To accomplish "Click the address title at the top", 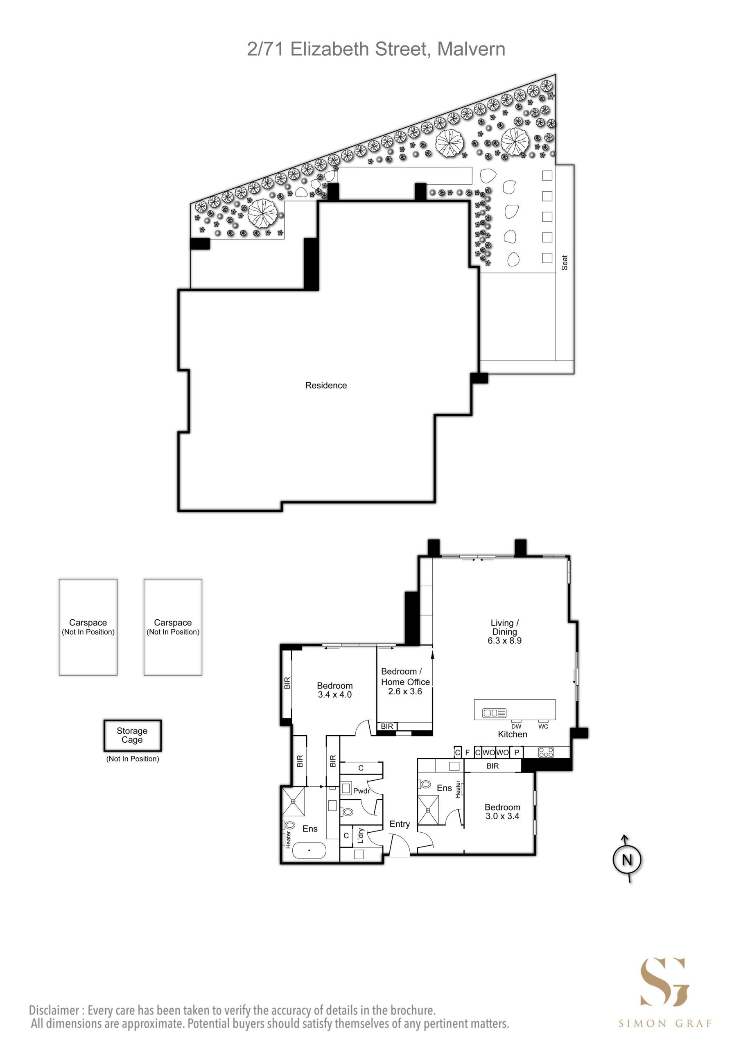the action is coord(376,49).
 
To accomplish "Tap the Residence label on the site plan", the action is coord(326,385).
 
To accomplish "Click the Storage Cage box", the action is coord(132,735).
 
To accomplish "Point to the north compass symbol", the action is coord(627,860).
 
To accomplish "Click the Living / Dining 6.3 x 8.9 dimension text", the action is coord(504,640).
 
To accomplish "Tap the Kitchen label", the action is coord(512,734).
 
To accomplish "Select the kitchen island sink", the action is coord(495,713).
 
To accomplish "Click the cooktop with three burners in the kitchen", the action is coord(546,752).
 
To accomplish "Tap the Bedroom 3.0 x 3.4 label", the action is coord(502,811).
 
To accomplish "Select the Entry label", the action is coord(400,824).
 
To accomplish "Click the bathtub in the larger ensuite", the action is coord(309,850).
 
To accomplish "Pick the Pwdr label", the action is coord(361,791).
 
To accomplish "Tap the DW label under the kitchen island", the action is coord(516,727).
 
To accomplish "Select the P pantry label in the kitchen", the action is coord(517,752).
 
